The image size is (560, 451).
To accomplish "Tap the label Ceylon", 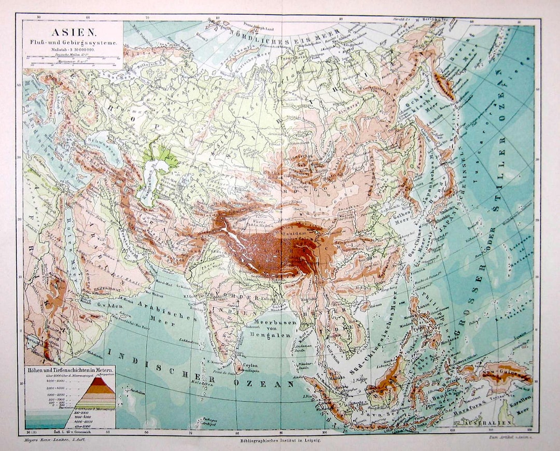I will pyautogui.click(x=249, y=365).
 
